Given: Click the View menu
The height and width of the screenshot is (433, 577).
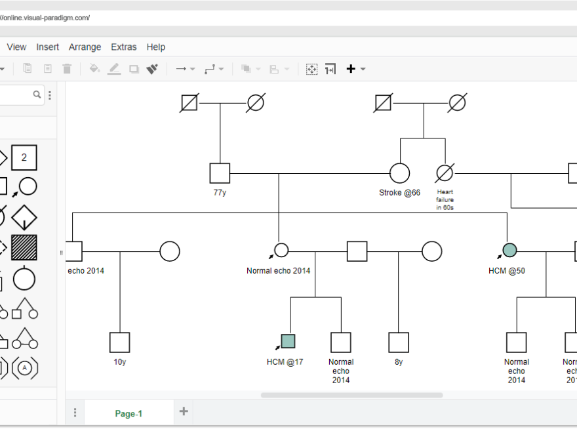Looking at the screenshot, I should [16, 47].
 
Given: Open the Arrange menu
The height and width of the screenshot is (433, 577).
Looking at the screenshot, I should [85, 47].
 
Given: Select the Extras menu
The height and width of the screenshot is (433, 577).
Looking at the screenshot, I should [123, 47].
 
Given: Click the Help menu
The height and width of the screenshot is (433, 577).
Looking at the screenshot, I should [156, 47].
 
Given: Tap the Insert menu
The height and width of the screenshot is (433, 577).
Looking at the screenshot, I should [47, 47].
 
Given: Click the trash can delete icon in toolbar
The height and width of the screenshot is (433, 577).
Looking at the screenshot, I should [67, 69].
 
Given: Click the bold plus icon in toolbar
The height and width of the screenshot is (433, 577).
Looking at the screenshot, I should [351, 69].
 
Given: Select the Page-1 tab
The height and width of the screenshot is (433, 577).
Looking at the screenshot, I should [129, 413].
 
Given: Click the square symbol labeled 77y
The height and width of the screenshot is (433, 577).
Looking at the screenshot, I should [220, 173].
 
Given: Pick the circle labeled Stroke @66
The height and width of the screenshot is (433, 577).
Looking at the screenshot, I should [399, 173].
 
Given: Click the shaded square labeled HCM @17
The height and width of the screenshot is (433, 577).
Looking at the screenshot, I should [288, 341].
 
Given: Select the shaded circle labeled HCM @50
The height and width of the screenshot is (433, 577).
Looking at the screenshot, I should [509, 250].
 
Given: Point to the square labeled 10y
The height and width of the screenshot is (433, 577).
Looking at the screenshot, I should [119, 342].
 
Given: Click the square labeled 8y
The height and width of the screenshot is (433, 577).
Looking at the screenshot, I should [399, 342].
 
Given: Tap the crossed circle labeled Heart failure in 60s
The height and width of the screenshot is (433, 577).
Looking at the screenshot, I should [445, 173].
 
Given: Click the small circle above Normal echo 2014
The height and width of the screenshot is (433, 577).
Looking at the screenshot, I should [281, 250].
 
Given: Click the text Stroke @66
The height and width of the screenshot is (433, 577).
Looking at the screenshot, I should [399, 193].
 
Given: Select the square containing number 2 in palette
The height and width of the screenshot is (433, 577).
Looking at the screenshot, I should [24, 157].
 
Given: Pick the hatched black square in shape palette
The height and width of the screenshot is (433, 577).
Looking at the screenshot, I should [24, 247].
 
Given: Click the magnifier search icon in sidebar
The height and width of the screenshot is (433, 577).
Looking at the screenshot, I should [37, 95].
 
